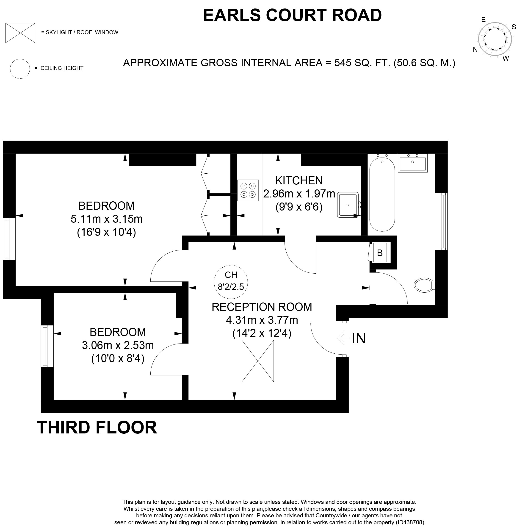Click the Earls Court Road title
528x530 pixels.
coord(292,15)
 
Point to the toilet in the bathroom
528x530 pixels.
coord(423,285)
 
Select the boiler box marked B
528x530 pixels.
coord(380,253)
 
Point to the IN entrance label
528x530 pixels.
coord(359,338)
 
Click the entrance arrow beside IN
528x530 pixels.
coord(343,338)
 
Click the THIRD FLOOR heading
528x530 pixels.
coord(97,427)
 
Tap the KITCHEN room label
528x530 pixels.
coord(299,181)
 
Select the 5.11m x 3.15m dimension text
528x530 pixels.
coord(107,219)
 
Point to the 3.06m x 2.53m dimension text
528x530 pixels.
coord(118,345)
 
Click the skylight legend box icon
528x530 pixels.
coord(20,33)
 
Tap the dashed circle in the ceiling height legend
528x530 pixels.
coord(20,69)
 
